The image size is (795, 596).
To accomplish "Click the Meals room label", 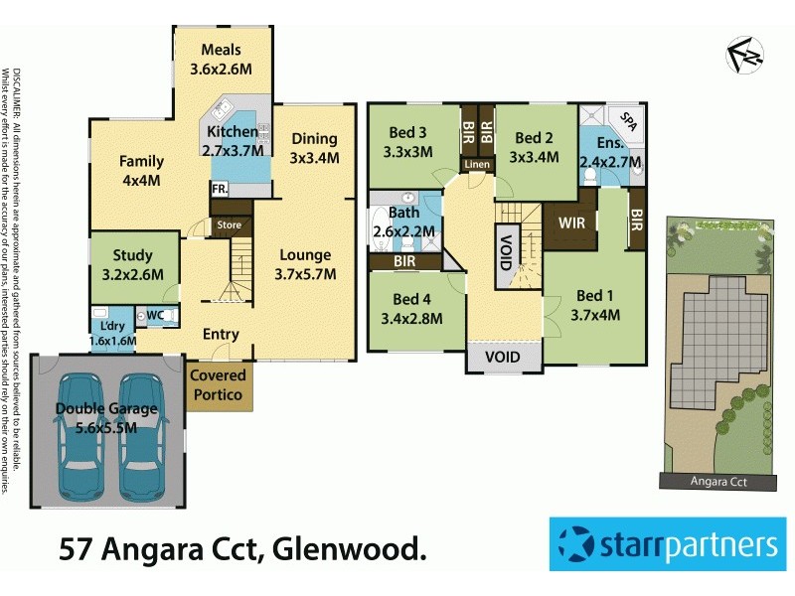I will click(x=222, y=60).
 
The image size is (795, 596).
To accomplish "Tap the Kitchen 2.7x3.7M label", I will click(x=235, y=141).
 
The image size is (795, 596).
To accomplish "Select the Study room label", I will click(x=132, y=265).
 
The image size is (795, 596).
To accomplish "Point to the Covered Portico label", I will click(x=219, y=385).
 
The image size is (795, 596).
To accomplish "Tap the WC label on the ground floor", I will click(x=154, y=316).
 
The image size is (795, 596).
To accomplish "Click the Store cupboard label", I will click(x=230, y=225).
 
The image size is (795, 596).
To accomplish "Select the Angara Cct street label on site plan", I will click(x=716, y=482).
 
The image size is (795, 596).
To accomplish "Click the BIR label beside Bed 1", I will click(x=636, y=221).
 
